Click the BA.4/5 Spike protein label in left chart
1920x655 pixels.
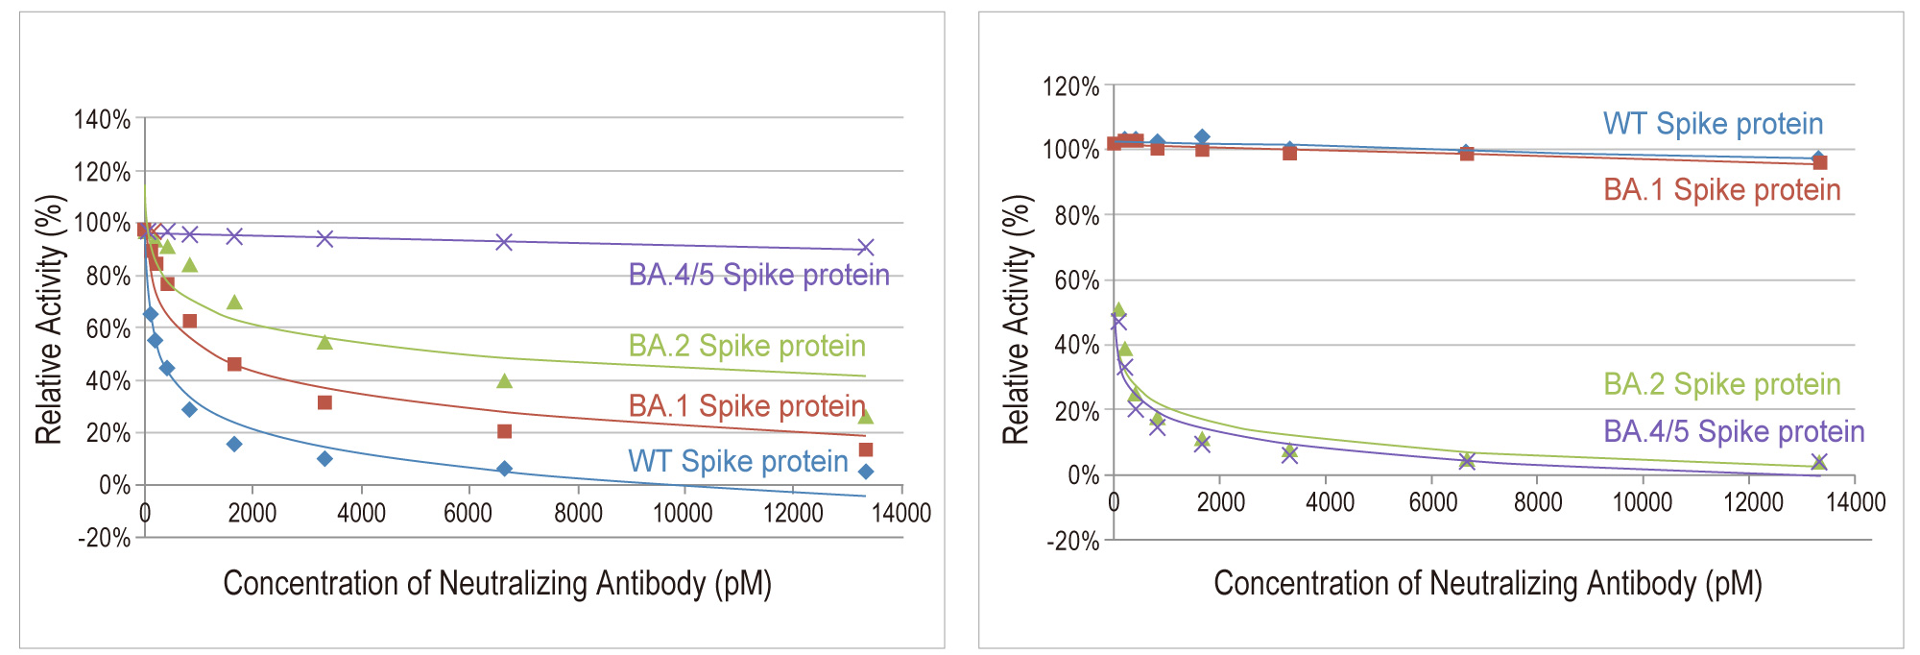[758, 276]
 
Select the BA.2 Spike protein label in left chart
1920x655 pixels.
[747, 347]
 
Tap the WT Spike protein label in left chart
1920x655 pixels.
[738, 462]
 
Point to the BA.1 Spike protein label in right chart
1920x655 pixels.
[1722, 190]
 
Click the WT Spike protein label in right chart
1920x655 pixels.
[1713, 125]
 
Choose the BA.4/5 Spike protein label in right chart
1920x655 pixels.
[1734, 432]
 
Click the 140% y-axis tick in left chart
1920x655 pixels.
[102, 120]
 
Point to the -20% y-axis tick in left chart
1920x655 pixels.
[104, 538]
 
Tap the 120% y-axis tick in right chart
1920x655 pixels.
[1070, 87]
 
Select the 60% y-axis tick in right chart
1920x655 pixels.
[1076, 280]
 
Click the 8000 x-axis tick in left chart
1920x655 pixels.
[578, 513]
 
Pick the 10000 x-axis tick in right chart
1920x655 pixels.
[1642, 502]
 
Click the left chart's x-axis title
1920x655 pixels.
[497, 584]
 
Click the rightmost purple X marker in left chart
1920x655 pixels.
[865, 248]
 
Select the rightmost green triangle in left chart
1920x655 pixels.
[865, 417]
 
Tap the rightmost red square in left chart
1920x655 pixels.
[865, 449]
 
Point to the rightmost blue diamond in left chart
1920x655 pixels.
[865, 472]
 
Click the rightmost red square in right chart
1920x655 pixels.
[1819, 163]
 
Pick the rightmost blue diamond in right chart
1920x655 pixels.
[1817, 158]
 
